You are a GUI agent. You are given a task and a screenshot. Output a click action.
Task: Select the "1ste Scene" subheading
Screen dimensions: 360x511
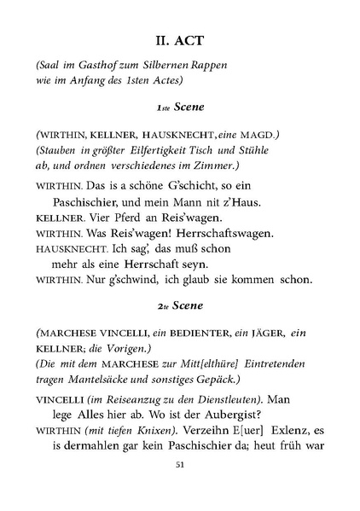[x=179, y=108]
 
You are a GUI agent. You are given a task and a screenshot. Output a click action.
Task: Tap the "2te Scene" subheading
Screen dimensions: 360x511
[x=179, y=305]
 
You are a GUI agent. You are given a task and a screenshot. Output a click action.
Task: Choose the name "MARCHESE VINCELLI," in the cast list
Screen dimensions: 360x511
[x=99, y=331]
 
